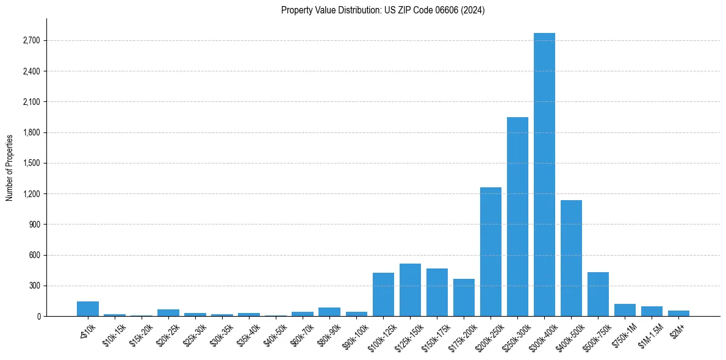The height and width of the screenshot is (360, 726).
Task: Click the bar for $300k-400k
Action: pyautogui.click(x=544, y=175)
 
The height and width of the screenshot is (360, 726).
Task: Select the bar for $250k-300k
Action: pyautogui.click(x=517, y=217)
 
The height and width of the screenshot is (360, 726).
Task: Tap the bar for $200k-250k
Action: pyautogui.click(x=491, y=251)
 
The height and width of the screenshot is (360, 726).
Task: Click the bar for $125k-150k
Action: pyautogui.click(x=410, y=290)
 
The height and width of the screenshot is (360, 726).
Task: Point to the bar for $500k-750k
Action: pyautogui.click(x=598, y=294)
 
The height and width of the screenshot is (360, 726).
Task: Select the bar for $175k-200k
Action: pyautogui.click(x=464, y=298)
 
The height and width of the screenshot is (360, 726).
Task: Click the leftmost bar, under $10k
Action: pyautogui.click(x=88, y=309)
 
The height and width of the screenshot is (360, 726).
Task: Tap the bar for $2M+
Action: pyautogui.click(x=678, y=314)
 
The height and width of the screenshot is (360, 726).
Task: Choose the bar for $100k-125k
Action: pyautogui.click(x=383, y=295)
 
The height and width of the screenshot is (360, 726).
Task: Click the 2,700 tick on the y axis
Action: pyautogui.click(x=31, y=41)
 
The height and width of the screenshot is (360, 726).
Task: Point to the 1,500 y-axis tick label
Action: pyautogui.click(x=31, y=164)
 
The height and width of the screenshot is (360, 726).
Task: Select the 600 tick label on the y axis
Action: pyautogui.click(x=33, y=255)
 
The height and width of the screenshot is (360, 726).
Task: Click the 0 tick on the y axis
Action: pyautogui.click(x=38, y=317)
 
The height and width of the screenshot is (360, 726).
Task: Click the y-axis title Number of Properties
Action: pyautogui.click(x=10, y=167)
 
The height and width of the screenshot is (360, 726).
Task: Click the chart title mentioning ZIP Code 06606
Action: pyautogui.click(x=383, y=10)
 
